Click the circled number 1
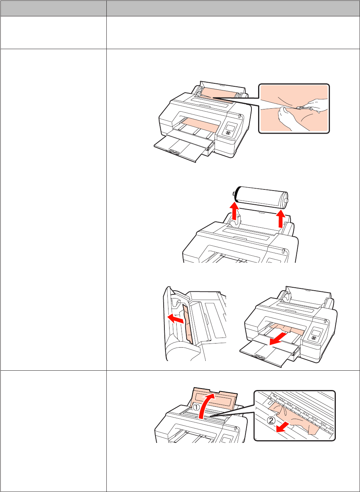[196, 408]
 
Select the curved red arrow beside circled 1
[206, 406]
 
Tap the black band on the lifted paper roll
[237, 194]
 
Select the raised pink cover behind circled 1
[215, 397]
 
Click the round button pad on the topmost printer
[228, 133]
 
